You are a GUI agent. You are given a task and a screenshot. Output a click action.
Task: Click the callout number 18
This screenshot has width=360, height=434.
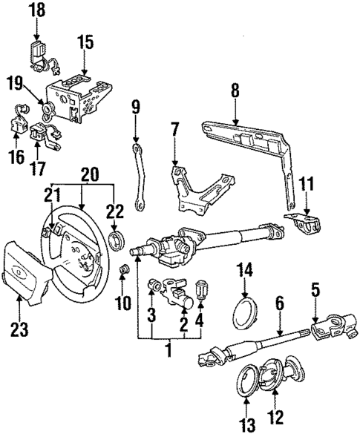[x=36, y=10]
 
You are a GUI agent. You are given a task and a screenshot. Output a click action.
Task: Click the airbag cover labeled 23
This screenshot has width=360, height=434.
[x=33, y=268]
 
